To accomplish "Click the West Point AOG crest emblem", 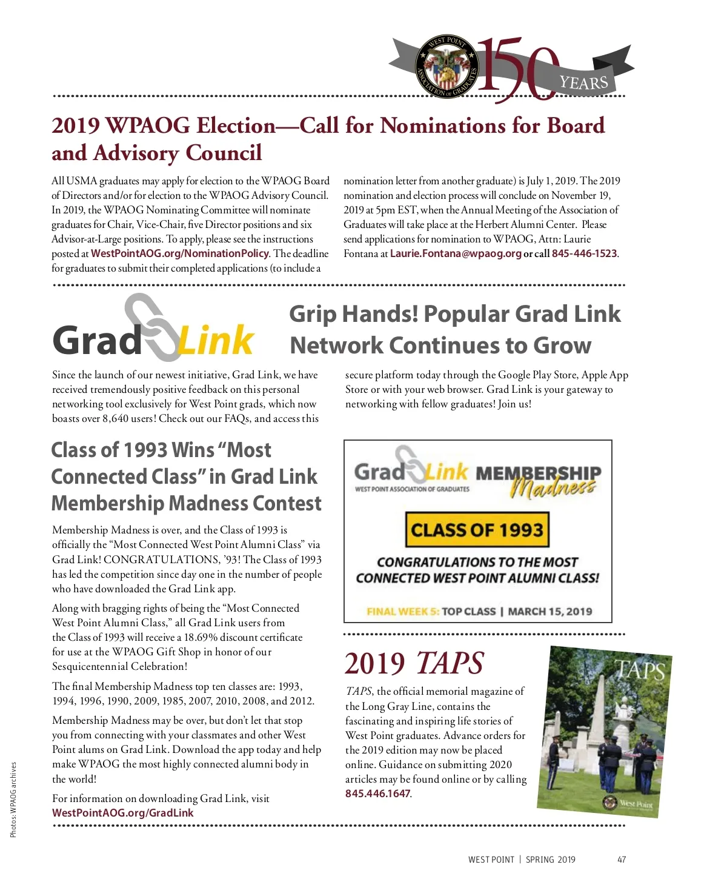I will pos(446,67).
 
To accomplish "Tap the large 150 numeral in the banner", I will pos(518,68).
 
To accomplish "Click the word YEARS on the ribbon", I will pos(583,82).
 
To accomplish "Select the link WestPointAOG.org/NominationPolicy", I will pos(179,253).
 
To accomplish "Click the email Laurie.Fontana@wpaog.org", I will pos(456,253).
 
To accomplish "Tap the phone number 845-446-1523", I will pos(584,253).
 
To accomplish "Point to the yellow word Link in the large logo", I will pos(216,341).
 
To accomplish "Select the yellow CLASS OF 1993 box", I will pos(477,530).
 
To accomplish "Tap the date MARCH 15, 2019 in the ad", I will pos(549,611).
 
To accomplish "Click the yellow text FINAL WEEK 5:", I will pos(403,611).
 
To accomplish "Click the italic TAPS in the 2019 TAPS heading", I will pos(450,663).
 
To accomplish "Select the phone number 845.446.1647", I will pos(377,794).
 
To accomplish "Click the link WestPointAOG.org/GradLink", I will pos(122,813).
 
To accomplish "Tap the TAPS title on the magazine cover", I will pos(640,669).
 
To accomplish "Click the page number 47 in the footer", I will pos(622,859).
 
